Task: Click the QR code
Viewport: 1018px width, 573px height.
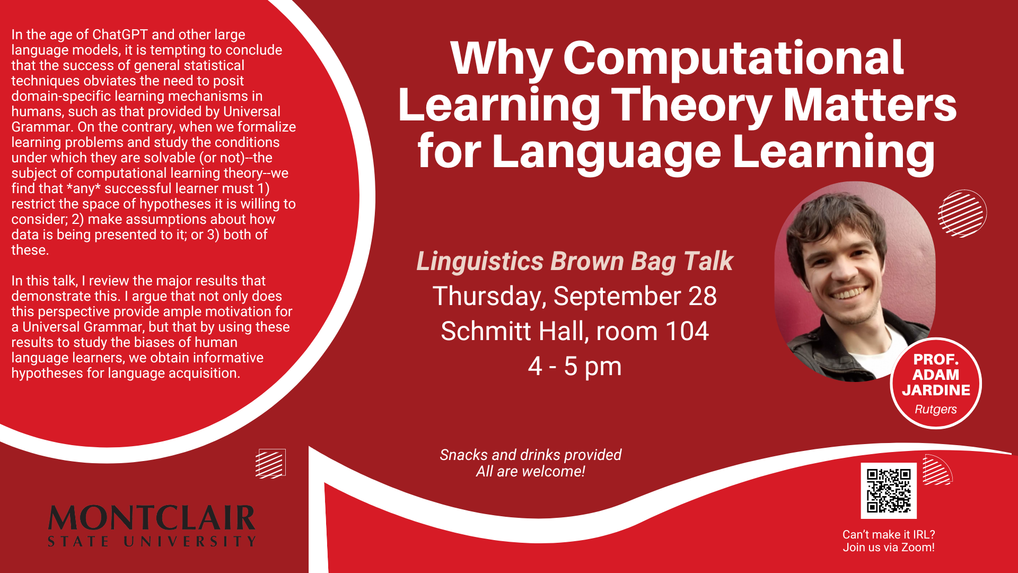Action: coord(889,490)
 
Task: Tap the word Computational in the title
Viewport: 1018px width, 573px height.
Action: coord(733,59)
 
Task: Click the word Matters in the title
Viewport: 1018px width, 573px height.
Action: coord(870,105)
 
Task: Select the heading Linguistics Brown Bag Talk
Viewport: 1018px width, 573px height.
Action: coord(575,262)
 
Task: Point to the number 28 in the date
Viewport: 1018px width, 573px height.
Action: coord(703,296)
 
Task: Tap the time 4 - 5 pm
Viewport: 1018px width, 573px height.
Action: coord(575,367)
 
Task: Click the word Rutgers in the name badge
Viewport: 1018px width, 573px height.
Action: coord(936,410)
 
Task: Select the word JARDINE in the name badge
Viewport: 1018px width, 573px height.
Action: coord(936,390)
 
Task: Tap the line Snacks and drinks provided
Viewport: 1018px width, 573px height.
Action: coord(530,455)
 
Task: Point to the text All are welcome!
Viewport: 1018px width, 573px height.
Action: coord(530,471)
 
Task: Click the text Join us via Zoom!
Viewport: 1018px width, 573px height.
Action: coord(889,548)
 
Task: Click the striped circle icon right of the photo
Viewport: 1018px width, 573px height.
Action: coord(962,213)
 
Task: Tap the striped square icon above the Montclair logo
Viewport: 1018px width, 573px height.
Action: coord(270,463)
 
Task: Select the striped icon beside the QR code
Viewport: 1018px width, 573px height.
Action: coord(937,470)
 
